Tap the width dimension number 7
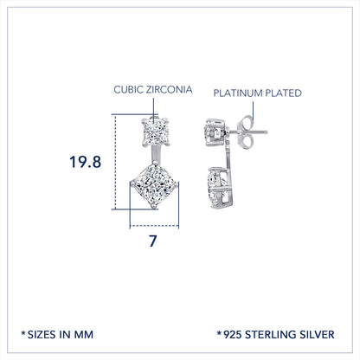tap(152, 241)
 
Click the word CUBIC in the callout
tap(130, 89)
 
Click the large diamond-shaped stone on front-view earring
tap(152, 195)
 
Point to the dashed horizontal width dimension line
tap(152, 227)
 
